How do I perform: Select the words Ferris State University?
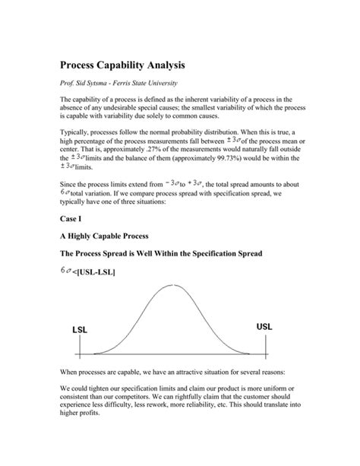[x=152, y=82]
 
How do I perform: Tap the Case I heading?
[x=71, y=219]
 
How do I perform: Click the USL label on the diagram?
[x=264, y=326]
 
